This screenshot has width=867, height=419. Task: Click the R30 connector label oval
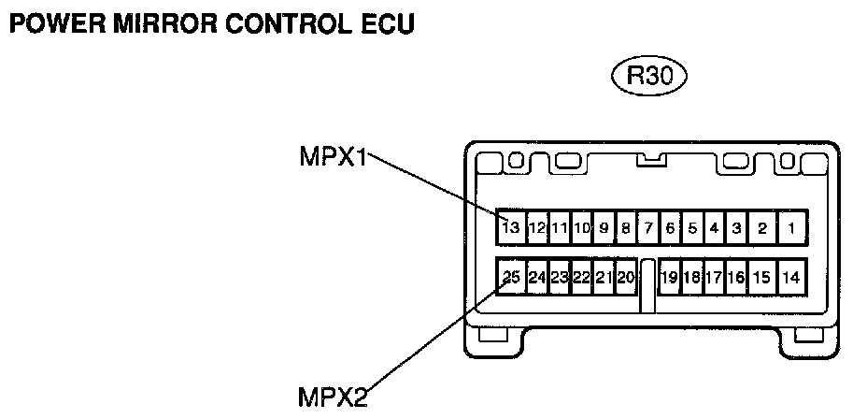(648, 76)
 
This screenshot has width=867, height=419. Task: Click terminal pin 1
(790, 227)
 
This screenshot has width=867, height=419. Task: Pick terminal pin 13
(510, 227)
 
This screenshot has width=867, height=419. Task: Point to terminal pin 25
(511, 277)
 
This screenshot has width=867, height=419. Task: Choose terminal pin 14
(790, 277)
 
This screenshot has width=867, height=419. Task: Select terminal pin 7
(647, 227)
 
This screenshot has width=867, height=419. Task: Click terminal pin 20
(626, 277)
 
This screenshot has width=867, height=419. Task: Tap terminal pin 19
(669, 277)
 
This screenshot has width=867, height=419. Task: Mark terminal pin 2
(762, 227)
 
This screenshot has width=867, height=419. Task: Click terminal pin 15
(761, 277)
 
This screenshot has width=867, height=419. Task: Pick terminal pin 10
(581, 227)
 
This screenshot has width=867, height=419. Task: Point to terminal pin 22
(581, 277)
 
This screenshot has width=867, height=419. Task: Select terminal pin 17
(713, 277)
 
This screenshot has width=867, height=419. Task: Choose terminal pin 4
(713, 227)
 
